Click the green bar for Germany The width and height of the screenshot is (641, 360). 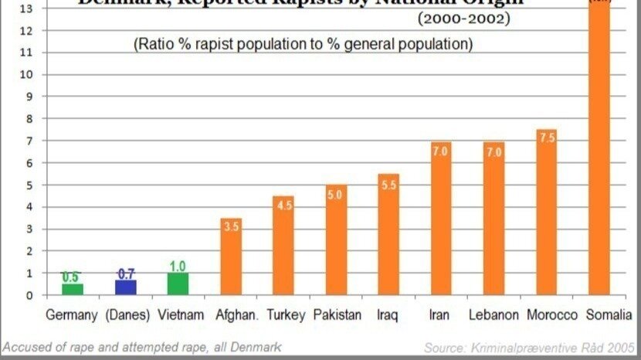coord(73,290)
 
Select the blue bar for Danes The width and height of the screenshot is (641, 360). coord(126,287)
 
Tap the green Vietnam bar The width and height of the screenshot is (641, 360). coord(178,284)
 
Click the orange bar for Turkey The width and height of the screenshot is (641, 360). coord(283,247)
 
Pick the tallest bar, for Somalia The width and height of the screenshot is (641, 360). coord(599,155)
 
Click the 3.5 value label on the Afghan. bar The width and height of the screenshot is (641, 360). coord(231,226)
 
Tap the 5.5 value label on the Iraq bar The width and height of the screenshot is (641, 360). coord(388,185)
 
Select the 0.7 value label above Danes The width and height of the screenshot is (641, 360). coord(126,274)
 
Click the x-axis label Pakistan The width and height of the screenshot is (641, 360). coord(337,315)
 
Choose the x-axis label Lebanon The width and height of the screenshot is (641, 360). coord(494,315)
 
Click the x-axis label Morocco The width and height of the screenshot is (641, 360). coord(552,315)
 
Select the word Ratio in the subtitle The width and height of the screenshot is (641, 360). coord(154,44)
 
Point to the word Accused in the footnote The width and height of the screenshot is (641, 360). coord(26,347)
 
